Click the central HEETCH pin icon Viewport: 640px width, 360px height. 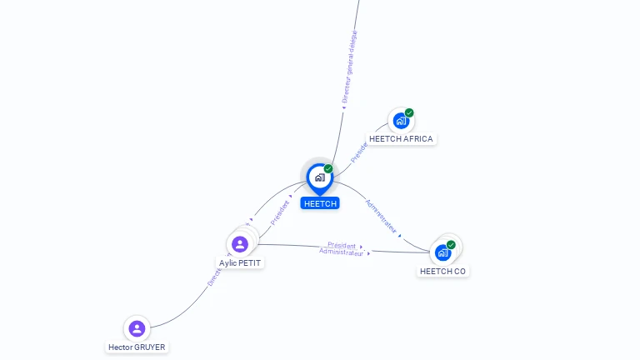(319, 177)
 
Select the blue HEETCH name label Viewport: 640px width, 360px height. (320, 203)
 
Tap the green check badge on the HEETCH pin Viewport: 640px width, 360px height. (328, 168)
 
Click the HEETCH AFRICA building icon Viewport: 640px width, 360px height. (401, 121)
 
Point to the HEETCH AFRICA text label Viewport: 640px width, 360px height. (401, 139)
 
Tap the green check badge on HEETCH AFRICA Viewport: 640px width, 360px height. (409, 112)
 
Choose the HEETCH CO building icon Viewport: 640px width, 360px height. (442, 252)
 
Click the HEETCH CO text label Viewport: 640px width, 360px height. (443, 271)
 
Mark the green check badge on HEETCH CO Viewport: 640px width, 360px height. (451, 245)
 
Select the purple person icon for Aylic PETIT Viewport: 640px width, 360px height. (240, 244)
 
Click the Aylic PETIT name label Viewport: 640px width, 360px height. (240, 262)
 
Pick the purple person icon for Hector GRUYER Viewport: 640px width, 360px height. (137, 328)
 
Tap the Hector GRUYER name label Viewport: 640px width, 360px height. (137, 347)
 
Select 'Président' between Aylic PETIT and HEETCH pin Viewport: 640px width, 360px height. (281, 212)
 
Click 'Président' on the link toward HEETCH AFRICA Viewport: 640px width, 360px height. (359, 152)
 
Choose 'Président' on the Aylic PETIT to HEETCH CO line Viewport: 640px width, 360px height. (342, 245)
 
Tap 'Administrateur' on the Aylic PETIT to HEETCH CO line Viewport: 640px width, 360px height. (342, 252)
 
